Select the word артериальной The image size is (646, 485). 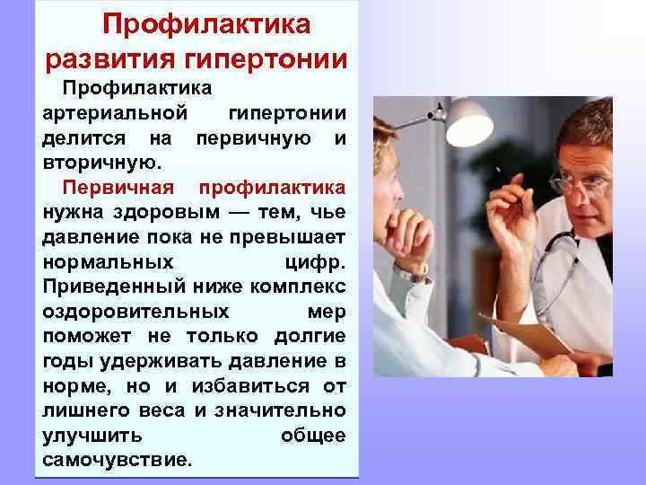[115, 114]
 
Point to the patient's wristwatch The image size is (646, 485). [412, 271]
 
